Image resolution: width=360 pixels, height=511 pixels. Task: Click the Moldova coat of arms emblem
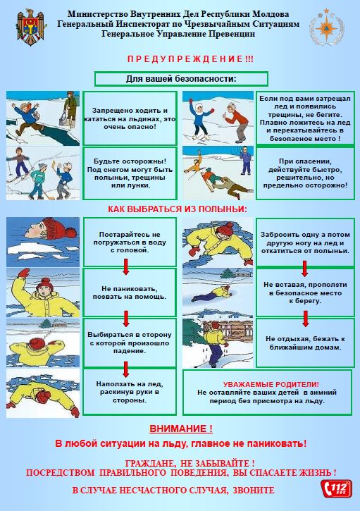[31, 27]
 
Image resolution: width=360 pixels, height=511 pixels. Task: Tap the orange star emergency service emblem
[327, 27]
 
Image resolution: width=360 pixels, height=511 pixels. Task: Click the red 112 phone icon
[336, 488]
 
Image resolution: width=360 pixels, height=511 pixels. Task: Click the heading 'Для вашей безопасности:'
[181, 79]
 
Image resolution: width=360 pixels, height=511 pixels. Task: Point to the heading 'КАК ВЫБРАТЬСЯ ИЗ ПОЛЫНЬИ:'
[178, 209]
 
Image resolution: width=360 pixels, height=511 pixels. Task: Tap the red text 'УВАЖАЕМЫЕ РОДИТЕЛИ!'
[271, 385]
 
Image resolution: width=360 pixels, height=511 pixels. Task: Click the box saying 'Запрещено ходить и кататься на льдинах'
[130, 118]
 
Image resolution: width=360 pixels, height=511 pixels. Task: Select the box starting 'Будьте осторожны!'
[130, 173]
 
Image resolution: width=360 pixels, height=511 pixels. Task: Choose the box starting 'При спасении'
[305, 173]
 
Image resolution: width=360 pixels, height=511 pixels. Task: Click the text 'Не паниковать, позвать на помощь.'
[130, 293]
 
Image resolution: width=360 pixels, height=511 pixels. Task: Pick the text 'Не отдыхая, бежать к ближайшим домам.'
[305, 343]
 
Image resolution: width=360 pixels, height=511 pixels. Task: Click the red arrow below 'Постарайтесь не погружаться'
[126, 266]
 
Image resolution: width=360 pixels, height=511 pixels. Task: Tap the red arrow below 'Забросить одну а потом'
[304, 269]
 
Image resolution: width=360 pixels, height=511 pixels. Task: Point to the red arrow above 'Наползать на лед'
[126, 369]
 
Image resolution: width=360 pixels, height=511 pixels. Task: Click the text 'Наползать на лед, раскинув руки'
[130, 392]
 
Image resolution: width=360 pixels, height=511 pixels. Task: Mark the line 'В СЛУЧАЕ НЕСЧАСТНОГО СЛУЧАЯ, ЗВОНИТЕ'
[173, 490]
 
